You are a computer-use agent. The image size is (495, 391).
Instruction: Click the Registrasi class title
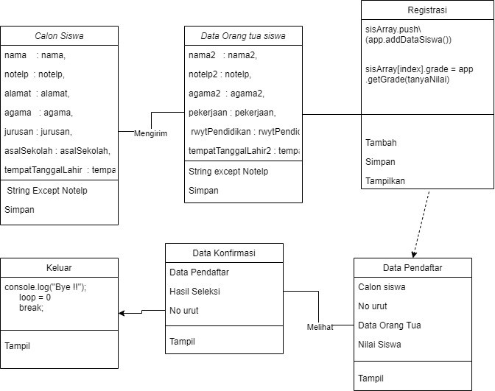(x=427, y=11)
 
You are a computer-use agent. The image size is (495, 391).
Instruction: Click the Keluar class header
(x=59, y=267)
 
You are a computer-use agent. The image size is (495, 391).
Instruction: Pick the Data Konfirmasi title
(x=224, y=253)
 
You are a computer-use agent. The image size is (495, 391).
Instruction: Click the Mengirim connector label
(x=151, y=133)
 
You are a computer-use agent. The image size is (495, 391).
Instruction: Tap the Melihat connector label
(x=320, y=326)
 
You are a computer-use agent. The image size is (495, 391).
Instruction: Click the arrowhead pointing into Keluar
(x=122, y=313)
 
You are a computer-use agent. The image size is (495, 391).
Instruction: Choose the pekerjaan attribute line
(x=232, y=113)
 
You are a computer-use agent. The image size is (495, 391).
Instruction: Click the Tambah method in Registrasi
(x=380, y=142)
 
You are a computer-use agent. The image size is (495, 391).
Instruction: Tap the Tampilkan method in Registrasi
(x=386, y=180)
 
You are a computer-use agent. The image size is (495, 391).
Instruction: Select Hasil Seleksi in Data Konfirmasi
(x=194, y=291)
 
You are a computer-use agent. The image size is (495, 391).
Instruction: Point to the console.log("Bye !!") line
(x=46, y=287)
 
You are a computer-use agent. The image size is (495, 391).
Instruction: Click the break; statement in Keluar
(x=31, y=308)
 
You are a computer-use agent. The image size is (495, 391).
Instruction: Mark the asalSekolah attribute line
(x=57, y=151)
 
